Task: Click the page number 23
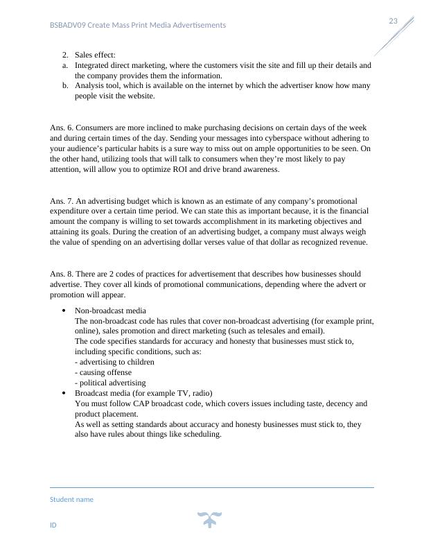tap(393, 21)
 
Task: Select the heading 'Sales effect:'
tap(95, 55)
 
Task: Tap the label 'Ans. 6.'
tap(61, 128)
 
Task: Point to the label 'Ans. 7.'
tap(61, 201)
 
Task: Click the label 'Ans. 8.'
tap(61, 274)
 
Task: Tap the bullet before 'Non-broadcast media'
tap(64, 311)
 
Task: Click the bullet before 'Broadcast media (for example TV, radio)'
tap(64, 394)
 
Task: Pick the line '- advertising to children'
tap(114, 363)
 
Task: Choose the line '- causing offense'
tap(103, 373)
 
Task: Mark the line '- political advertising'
tap(110, 383)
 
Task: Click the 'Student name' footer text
tap(71, 500)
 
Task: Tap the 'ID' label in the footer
tap(53, 525)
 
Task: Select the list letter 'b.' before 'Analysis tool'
tap(65, 86)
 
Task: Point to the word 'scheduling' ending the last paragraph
tap(201, 435)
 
